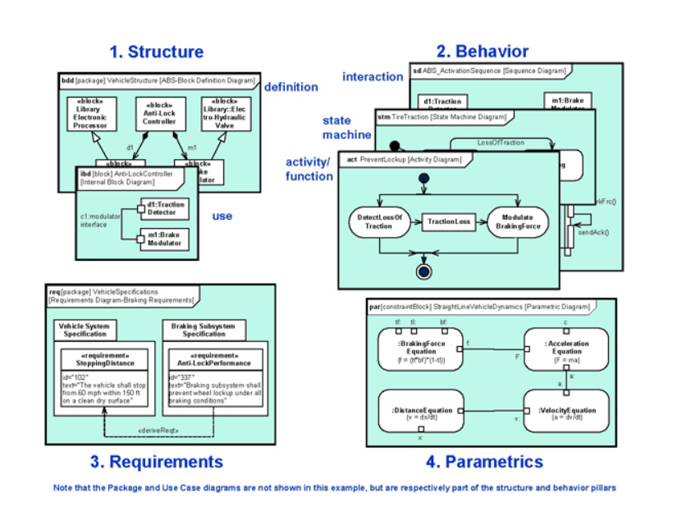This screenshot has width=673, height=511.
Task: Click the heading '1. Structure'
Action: click(156, 52)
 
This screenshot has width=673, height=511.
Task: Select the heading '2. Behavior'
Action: click(482, 52)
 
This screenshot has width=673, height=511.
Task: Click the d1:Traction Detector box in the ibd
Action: click(163, 208)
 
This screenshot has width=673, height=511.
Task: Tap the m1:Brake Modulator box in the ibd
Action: click(163, 239)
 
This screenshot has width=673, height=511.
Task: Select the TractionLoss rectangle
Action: click(448, 221)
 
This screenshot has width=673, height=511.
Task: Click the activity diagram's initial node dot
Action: click(423, 178)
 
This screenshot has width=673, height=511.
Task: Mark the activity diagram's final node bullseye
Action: click(423, 271)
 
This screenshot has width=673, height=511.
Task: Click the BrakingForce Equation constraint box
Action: click(422, 349)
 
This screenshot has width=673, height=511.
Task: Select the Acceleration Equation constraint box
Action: click(566, 349)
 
